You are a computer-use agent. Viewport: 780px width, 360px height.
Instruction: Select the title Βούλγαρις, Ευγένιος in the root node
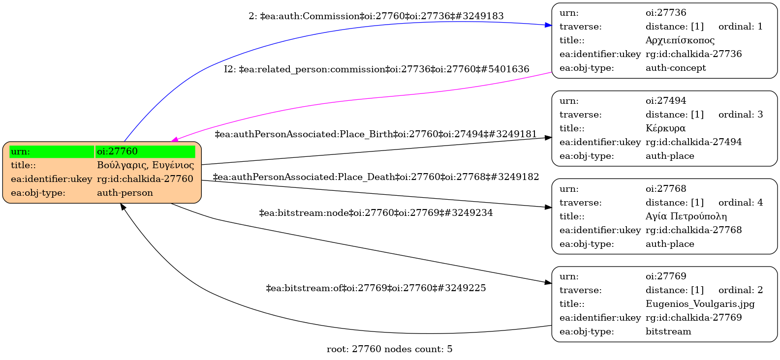(145, 165)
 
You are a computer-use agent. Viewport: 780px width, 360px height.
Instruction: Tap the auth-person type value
(125, 192)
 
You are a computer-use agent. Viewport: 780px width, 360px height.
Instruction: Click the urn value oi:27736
(666, 13)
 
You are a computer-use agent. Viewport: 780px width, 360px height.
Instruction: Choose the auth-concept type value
(676, 68)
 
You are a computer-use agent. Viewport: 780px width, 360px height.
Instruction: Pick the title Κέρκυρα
(665, 128)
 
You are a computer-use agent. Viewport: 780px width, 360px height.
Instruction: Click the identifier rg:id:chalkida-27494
(694, 142)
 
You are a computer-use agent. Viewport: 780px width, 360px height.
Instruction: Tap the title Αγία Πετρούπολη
(686, 216)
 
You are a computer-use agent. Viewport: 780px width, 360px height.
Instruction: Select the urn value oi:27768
(666, 189)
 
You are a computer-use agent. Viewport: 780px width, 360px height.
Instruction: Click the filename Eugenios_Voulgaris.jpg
(700, 304)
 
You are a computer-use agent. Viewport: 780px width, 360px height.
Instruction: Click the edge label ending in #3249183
(376, 16)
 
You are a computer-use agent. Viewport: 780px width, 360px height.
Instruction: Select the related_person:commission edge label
(376, 69)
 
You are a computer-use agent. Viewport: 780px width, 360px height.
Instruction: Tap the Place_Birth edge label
(375, 134)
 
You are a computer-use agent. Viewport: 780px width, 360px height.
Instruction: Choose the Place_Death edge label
(375, 177)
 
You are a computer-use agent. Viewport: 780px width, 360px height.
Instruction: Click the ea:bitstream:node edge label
(375, 213)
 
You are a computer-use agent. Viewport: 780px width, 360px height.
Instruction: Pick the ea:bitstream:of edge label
(375, 288)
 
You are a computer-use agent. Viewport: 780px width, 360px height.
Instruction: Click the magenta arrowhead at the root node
(175, 140)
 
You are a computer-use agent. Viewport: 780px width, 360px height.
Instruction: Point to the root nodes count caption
(389, 349)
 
